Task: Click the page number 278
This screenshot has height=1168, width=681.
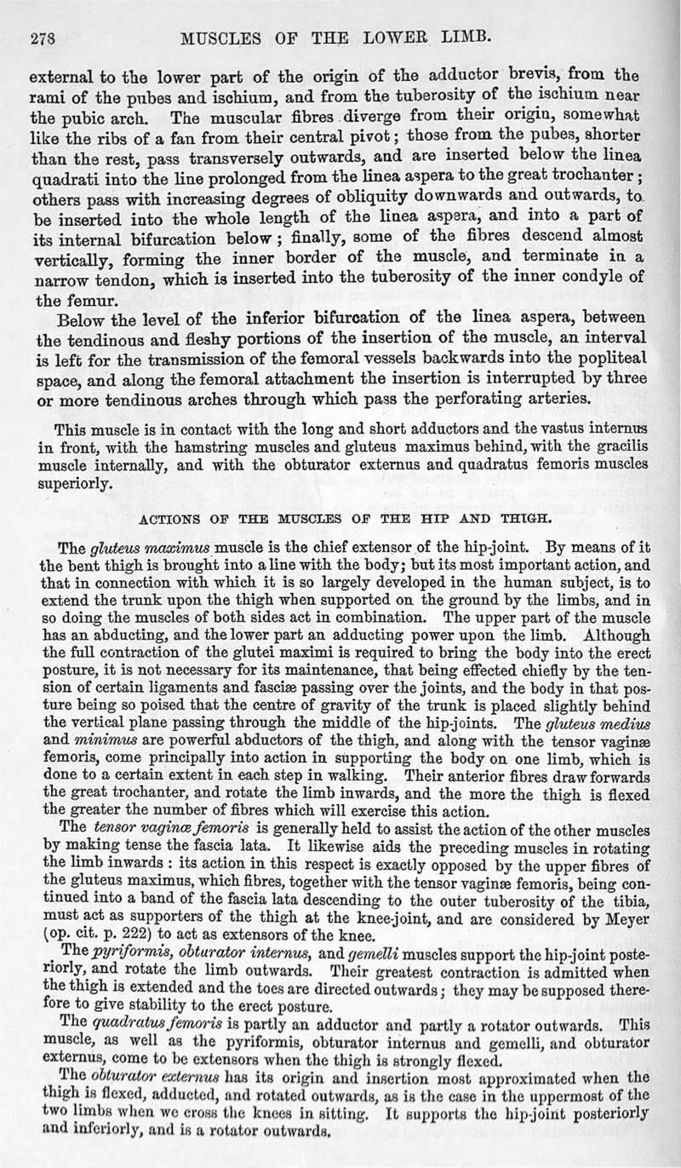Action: click(43, 37)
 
